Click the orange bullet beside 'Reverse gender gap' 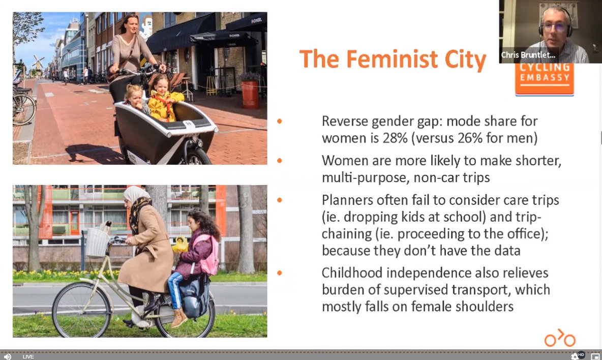pos(279,122)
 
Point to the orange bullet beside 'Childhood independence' pos(279,273)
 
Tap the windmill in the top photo pos(39,63)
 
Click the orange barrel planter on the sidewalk pos(250,94)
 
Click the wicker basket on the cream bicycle pos(97,243)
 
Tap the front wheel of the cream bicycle pos(81,310)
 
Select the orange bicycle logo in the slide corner pos(560,338)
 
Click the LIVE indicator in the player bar pos(28,356)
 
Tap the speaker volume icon pos(8,356)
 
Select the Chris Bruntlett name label pos(528,55)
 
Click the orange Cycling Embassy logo pos(544,79)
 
